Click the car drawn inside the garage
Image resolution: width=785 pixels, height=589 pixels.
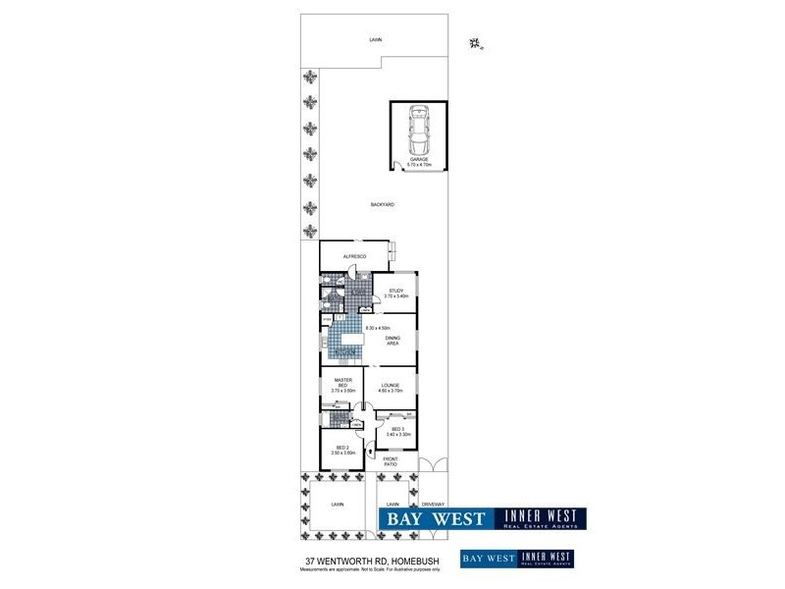pyautogui.click(x=419, y=128)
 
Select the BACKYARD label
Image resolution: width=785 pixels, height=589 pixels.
pyautogui.click(x=383, y=204)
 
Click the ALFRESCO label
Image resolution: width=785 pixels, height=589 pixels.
pyautogui.click(x=354, y=256)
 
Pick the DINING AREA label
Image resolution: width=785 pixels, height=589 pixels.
pyautogui.click(x=392, y=341)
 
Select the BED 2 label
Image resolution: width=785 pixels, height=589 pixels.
pyautogui.click(x=341, y=450)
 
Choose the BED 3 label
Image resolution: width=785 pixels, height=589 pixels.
pyautogui.click(x=397, y=431)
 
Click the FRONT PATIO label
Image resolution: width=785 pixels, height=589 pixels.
pyautogui.click(x=391, y=461)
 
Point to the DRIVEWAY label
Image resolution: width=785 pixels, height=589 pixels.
pyautogui.click(x=432, y=505)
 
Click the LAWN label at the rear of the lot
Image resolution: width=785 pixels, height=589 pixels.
pyautogui.click(x=375, y=40)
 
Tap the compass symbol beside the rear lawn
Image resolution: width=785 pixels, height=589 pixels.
pyautogui.click(x=476, y=42)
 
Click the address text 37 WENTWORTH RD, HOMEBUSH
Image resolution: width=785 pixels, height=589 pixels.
pyautogui.click(x=372, y=561)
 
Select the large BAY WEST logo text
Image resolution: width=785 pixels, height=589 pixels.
pyautogui.click(x=434, y=519)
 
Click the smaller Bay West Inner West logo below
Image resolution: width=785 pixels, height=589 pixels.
pyautogui.click(x=516, y=559)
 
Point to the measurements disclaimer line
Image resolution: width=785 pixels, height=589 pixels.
pyautogui.click(x=372, y=569)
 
